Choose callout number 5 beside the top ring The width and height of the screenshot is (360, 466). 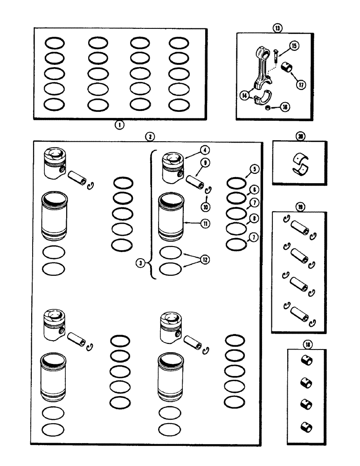[x=253, y=170]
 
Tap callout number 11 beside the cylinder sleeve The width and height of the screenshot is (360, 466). [x=204, y=223]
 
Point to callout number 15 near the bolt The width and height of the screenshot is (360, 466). [x=294, y=46]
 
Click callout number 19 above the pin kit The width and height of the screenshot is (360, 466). [x=298, y=205]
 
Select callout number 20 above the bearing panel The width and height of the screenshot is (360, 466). [x=298, y=136]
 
